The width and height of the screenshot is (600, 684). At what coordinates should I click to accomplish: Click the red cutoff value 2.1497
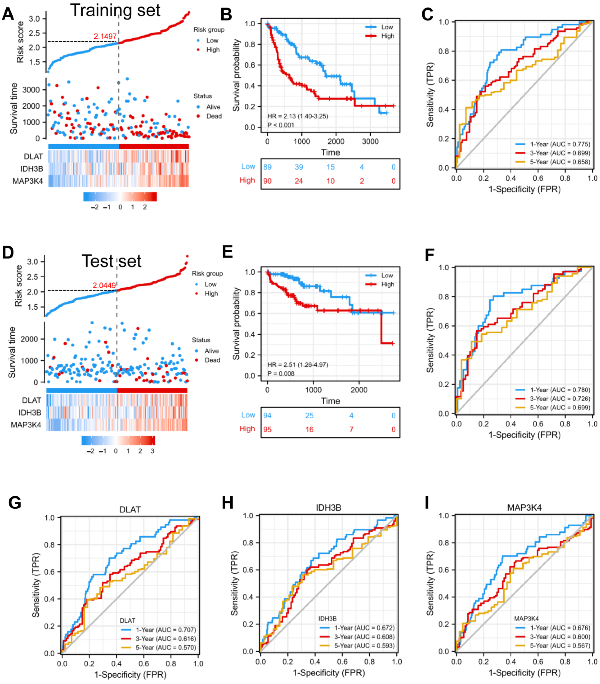click(105, 36)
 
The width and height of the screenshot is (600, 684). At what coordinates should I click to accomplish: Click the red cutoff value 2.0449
click(104, 285)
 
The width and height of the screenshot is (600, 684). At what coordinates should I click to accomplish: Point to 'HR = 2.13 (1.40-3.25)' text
click(298, 116)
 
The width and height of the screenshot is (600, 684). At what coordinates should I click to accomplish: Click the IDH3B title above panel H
click(328, 508)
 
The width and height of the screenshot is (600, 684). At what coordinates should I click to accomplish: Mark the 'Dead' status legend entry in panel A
click(214, 116)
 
